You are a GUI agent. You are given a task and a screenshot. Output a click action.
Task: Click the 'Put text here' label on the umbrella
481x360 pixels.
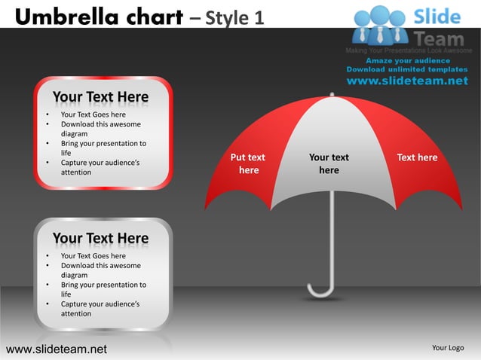point(248,163)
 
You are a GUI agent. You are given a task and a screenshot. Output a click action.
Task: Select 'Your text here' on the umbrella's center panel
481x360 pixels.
point(329,163)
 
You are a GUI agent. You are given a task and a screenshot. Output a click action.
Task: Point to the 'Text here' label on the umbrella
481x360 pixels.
point(417,157)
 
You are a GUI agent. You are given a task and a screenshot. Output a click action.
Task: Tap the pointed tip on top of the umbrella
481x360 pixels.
point(329,95)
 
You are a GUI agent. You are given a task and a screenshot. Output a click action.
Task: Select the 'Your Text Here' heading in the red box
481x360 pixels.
point(100,97)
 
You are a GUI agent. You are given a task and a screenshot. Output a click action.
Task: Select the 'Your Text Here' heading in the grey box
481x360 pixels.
point(100,239)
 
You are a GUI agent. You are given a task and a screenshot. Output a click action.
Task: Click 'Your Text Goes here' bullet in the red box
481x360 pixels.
point(93,115)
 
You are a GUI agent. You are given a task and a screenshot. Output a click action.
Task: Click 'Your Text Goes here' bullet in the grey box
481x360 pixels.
point(93,256)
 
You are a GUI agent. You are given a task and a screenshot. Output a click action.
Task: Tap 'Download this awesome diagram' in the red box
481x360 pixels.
point(100,129)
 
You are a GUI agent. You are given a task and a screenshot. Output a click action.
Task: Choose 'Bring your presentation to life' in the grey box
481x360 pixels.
point(103,289)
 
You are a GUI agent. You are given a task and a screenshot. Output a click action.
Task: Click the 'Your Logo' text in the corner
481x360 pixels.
point(447,347)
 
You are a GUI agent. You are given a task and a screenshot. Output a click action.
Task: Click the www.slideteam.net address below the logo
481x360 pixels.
point(407,81)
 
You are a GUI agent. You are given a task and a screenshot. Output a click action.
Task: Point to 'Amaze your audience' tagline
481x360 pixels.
point(408,60)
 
